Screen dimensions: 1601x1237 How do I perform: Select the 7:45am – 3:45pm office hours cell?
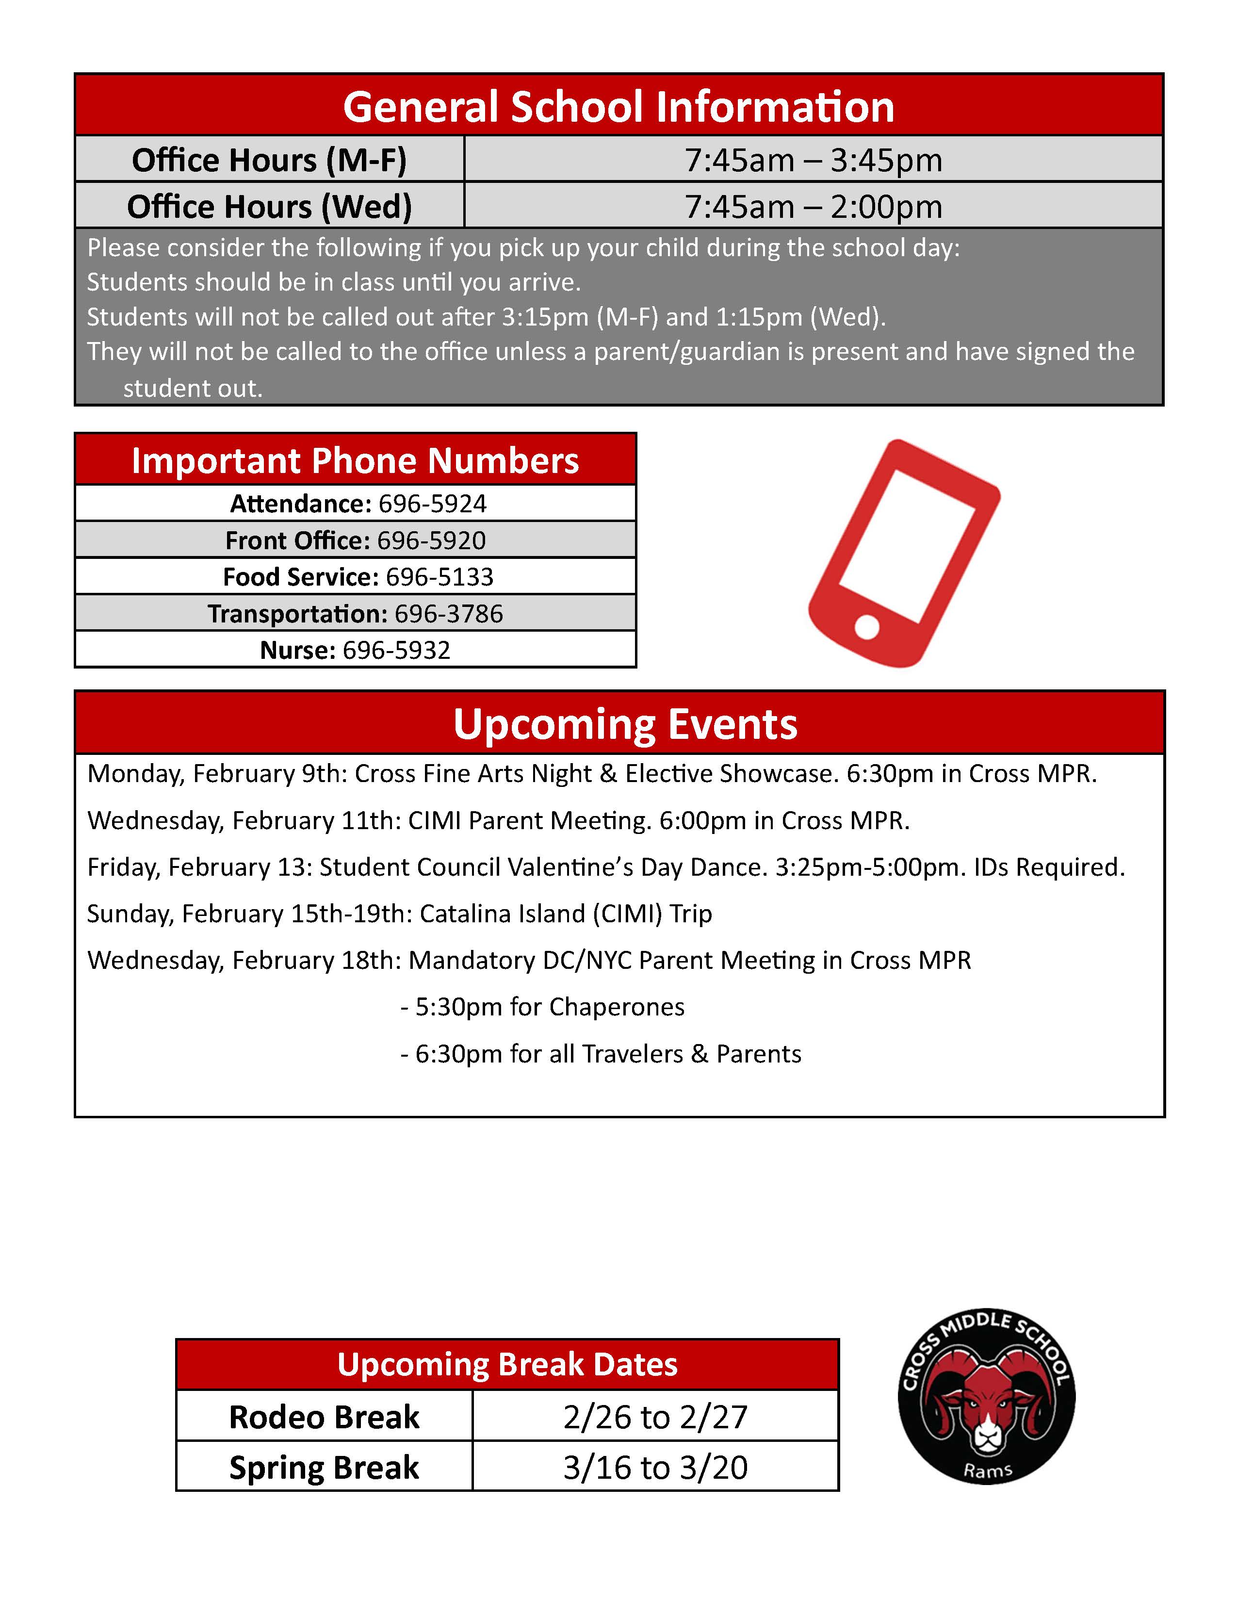814,160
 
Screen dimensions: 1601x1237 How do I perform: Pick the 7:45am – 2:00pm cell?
814,206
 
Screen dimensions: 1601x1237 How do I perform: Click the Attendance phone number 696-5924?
432,504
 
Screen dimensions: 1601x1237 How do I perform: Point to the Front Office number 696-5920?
431,540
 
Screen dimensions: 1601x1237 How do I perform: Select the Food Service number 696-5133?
439,577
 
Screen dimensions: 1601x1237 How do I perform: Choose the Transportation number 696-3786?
449,614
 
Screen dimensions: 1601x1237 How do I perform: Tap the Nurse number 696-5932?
396,650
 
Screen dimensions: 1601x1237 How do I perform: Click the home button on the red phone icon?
867,627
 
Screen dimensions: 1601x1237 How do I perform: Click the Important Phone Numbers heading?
356,460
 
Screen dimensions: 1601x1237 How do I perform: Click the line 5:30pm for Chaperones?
550,1007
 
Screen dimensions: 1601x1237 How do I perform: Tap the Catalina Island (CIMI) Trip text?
566,914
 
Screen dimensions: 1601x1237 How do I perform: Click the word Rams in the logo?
988,1470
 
